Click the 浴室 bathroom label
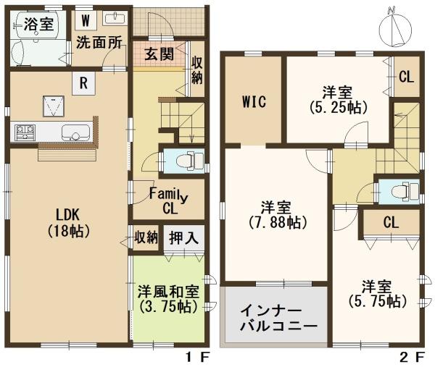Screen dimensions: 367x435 (x=38, y=24)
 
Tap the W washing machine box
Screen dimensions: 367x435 (x=85, y=20)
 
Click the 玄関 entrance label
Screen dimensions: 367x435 (x=157, y=54)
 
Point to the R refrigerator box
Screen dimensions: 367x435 (x=84, y=83)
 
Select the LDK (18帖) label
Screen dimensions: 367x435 (x=67, y=222)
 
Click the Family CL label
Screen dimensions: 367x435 (x=166, y=201)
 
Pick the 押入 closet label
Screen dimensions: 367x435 (x=181, y=237)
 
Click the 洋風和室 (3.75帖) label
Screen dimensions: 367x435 (x=167, y=298)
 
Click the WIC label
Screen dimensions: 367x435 (x=253, y=101)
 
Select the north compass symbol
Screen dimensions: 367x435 (x=393, y=29)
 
